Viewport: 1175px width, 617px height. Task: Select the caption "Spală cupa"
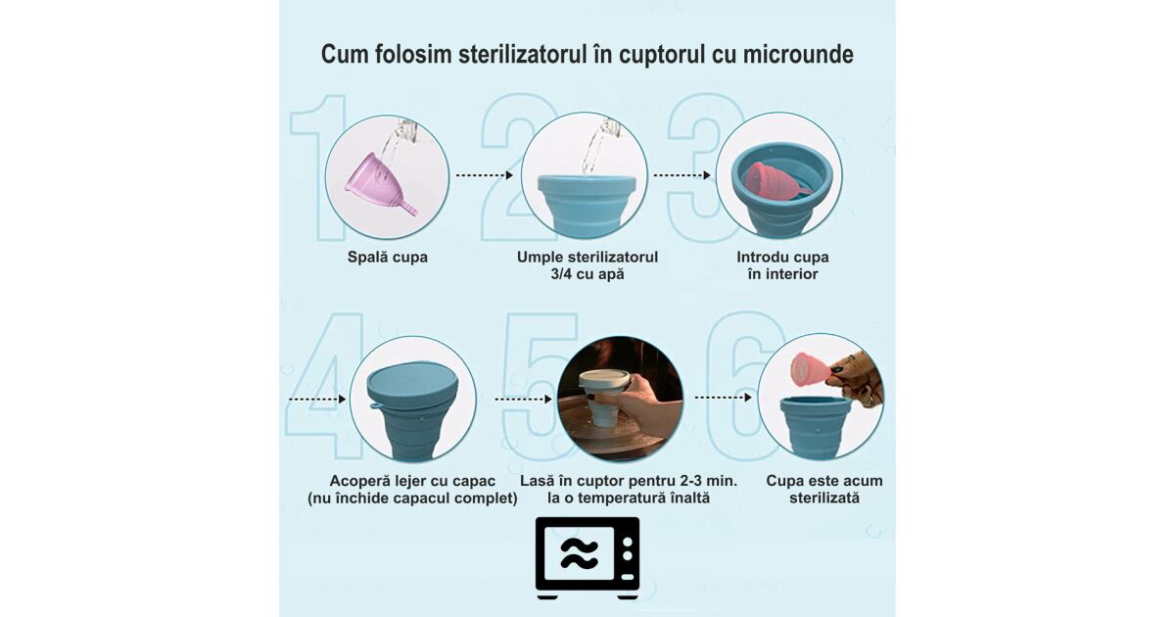[x=387, y=257]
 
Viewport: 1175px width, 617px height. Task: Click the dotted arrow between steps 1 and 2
[x=484, y=175]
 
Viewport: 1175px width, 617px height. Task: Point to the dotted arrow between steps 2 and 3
[x=681, y=175]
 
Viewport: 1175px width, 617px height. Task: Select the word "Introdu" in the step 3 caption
[x=760, y=257]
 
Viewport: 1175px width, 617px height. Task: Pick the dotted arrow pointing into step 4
[x=317, y=400]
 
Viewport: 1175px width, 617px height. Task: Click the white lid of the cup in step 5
[x=604, y=380]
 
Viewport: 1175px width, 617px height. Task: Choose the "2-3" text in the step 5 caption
[x=692, y=481]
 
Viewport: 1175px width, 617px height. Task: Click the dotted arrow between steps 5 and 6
[x=724, y=398]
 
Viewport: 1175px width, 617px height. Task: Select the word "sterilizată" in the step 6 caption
[x=824, y=498]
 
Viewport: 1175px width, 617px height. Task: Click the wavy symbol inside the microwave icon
[x=579, y=554]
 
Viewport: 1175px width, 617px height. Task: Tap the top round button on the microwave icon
[x=628, y=542]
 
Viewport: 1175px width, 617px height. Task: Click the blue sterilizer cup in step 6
[x=816, y=426]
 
